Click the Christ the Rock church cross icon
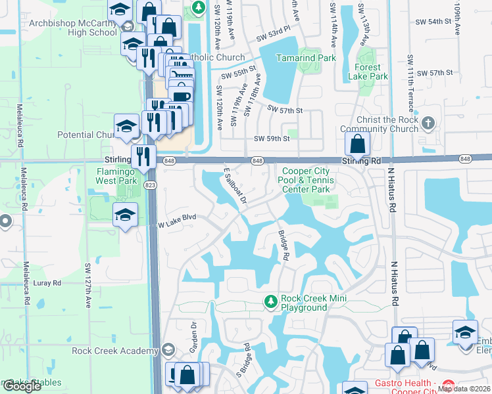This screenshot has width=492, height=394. coord(428,123)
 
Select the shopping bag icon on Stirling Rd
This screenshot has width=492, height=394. coord(357,144)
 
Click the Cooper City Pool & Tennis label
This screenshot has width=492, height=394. coord(308,181)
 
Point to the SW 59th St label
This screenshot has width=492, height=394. coord(272,139)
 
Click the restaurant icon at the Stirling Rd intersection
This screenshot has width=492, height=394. coord(143,156)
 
